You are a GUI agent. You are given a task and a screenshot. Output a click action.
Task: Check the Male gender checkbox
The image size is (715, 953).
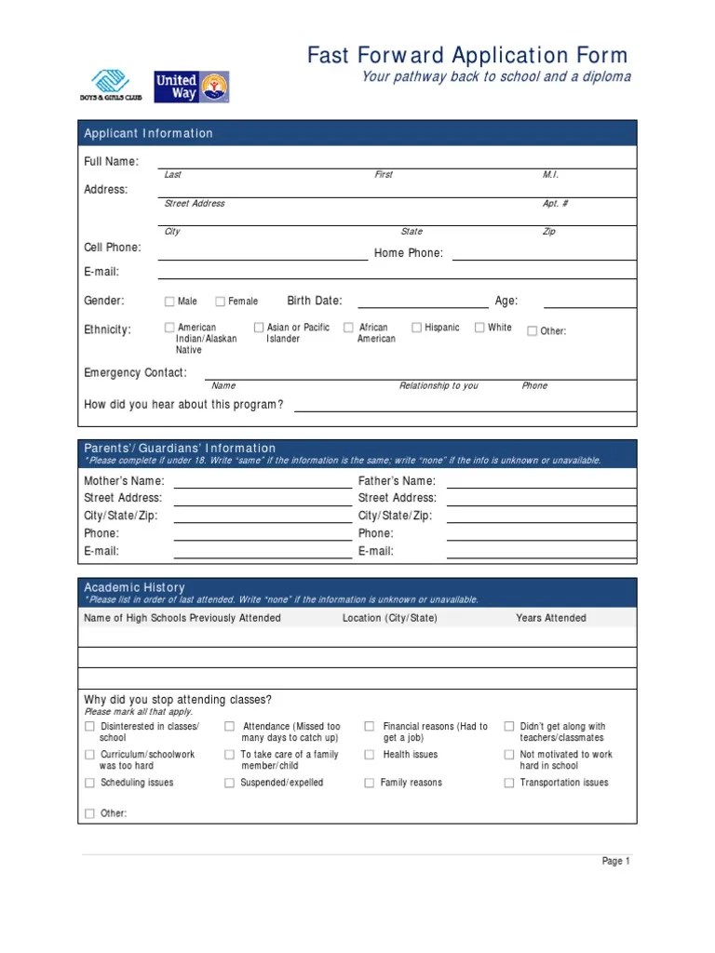tap(169, 302)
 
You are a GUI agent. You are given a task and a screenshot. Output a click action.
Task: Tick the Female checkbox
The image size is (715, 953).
tap(221, 302)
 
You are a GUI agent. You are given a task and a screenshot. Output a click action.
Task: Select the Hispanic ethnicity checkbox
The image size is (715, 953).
tap(416, 328)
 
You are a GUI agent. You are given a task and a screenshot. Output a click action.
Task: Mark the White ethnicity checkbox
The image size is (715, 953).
tap(479, 328)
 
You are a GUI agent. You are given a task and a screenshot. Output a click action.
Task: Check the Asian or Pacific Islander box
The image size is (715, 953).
tap(259, 328)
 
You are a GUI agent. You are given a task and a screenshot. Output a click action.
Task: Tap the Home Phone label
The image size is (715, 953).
tap(409, 253)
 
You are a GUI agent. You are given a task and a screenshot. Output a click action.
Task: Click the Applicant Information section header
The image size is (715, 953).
tap(149, 133)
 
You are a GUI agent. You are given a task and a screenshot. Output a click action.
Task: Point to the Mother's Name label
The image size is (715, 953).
tap(124, 481)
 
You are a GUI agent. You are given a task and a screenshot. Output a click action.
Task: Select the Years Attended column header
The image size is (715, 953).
tap(551, 618)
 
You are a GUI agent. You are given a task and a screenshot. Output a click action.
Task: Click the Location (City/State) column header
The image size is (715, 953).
tap(389, 618)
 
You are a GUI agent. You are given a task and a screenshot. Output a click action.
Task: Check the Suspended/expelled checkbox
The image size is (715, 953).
tap(229, 784)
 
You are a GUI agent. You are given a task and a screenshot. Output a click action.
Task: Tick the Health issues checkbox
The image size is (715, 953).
tap(370, 755)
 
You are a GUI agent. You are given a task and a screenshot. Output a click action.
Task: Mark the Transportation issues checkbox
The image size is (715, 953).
tap(508, 784)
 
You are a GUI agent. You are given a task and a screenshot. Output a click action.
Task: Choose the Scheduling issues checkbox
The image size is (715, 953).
tap(89, 784)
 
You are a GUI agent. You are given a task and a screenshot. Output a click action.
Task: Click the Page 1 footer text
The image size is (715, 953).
tap(615, 862)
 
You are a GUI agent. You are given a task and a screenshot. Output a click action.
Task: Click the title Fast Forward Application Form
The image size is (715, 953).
tap(467, 56)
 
